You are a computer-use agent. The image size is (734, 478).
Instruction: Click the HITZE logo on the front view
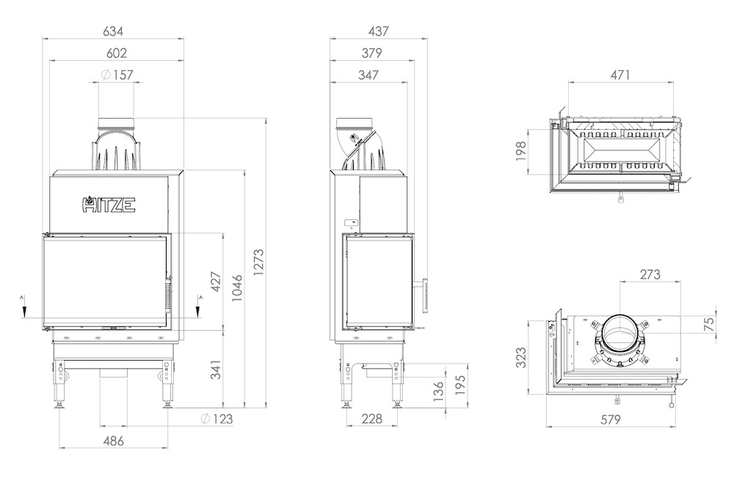coord(109,205)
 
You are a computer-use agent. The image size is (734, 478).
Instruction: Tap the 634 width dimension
coord(113,32)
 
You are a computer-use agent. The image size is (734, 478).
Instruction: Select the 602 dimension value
coord(116,54)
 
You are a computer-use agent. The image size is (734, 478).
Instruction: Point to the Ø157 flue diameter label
coord(117,75)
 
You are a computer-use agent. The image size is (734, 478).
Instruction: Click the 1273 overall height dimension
coord(258,262)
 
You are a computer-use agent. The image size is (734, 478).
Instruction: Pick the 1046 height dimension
coord(237,287)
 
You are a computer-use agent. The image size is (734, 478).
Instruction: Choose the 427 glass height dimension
coord(215,282)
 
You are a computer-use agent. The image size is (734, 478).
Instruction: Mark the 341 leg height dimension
coord(215,369)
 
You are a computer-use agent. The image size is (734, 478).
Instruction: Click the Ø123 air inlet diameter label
coord(217,419)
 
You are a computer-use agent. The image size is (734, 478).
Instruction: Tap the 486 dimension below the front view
coord(113,441)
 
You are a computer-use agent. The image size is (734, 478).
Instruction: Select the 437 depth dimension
coord(378,32)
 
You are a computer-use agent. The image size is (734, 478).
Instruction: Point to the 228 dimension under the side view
coord(371,419)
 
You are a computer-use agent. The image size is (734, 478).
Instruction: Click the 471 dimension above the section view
coord(620,75)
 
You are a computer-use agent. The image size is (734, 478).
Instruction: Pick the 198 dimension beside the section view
coord(521,151)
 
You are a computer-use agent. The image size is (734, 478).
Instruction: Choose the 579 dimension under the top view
coord(611,419)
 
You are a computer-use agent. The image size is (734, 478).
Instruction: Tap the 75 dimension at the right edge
coord(710,324)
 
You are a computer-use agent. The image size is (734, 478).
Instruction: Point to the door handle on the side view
coord(426,295)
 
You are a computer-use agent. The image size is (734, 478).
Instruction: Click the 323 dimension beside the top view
coord(521,357)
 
